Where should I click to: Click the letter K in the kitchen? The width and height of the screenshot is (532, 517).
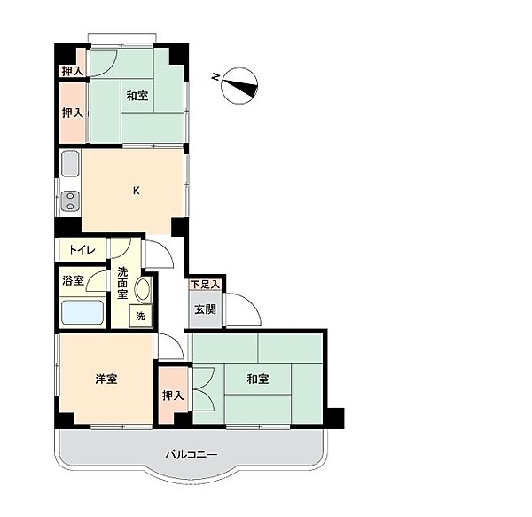(x=136, y=191)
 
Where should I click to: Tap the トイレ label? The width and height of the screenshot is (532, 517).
(x=82, y=250)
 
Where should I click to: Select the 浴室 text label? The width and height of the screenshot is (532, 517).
(x=73, y=280)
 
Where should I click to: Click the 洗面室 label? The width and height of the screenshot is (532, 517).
(x=122, y=283)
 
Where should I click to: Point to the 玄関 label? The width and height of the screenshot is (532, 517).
(x=206, y=309)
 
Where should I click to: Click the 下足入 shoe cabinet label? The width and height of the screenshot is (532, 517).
(x=205, y=285)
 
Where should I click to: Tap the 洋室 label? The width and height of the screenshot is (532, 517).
(x=106, y=379)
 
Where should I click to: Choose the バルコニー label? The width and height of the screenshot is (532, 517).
(x=192, y=455)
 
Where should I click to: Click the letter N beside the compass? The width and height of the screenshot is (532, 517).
(x=215, y=76)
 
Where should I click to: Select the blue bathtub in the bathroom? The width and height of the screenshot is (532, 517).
(x=82, y=312)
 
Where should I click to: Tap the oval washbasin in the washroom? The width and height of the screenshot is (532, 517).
(x=143, y=289)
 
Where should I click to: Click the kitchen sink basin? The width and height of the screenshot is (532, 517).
(x=70, y=163)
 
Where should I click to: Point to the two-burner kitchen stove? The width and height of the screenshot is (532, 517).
(x=70, y=200)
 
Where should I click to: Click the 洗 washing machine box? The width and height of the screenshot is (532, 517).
(x=140, y=316)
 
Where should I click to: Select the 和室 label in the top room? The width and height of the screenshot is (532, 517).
(x=137, y=96)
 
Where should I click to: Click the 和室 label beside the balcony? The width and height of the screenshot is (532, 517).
(x=258, y=379)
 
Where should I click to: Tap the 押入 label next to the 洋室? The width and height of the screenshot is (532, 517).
(x=173, y=396)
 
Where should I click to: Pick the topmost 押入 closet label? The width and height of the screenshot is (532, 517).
(x=72, y=71)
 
